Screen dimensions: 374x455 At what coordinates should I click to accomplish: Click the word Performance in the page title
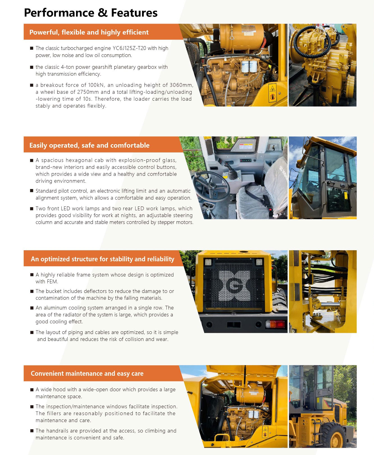click(x=59, y=13)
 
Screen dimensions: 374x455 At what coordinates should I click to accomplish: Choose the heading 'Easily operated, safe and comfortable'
click(x=89, y=145)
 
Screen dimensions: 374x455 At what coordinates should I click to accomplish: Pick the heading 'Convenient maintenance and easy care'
click(x=87, y=374)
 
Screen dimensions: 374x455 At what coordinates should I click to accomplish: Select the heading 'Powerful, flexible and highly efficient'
click(x=89, y=32)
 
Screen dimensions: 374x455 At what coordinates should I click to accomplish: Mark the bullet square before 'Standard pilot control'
click(x=32, y=191)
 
